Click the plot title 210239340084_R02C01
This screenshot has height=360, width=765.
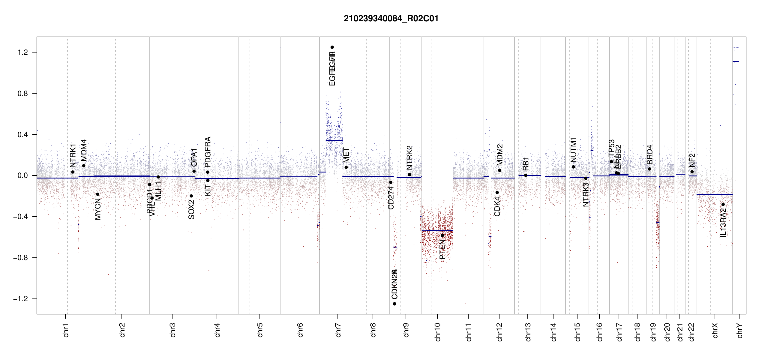point(391,19)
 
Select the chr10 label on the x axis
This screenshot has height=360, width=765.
point(438,332)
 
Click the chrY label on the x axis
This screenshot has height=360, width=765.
point(740,331)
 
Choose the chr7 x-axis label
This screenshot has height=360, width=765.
point(338,330)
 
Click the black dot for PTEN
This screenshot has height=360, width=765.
point(442,235)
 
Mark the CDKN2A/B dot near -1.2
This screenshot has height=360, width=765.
point(394,304)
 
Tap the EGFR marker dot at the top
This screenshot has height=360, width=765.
point(332,47)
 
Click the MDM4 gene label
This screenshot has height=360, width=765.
point(84,150)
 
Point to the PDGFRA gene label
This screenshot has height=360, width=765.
point(208,152)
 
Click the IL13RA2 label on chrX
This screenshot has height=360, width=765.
point(723,223)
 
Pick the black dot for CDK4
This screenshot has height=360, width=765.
point(497,193)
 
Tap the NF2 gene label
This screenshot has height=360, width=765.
point(692,160)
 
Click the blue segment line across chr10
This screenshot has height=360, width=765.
point(437,231)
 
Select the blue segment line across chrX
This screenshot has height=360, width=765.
point(714,195)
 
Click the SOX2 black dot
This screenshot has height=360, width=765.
point(191,196)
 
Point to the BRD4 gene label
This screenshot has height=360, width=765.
point(649,154)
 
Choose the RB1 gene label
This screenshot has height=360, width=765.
point(526,164)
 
